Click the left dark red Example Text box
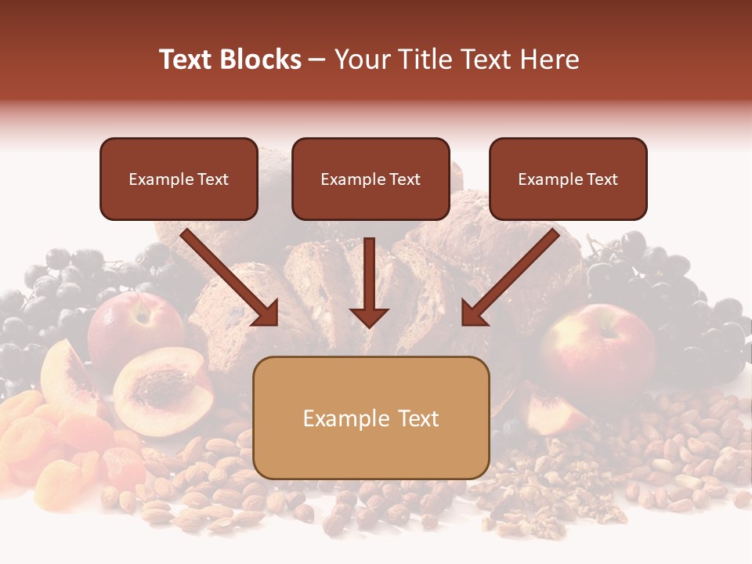(179, 179)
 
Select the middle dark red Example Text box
(371, 179)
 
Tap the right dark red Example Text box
(568, 179)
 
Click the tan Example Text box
(371, 418)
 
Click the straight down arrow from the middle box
(369, 282)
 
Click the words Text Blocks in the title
(230, 60)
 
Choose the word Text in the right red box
(602, 179)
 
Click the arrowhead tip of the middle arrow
(369, 325)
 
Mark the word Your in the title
(361, 60)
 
